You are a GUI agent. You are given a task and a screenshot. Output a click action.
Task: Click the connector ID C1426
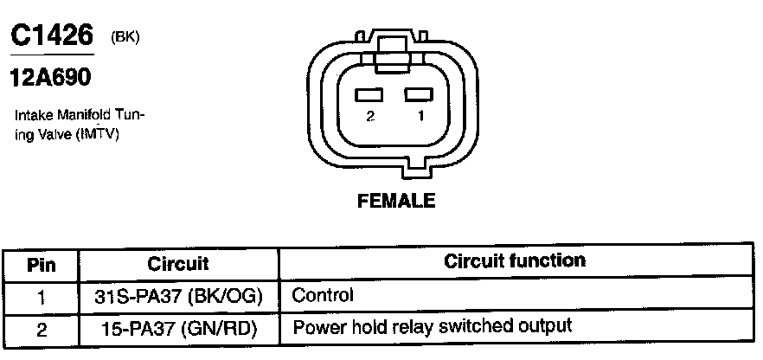(x=51, y=35)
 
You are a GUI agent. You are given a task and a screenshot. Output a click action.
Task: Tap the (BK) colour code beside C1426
(x=125, y=36)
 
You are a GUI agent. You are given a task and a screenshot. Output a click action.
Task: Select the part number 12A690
(x=50, y=77)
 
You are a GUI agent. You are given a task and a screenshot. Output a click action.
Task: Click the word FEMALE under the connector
(x=395, y=201)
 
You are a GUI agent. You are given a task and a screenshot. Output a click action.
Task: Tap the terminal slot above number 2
(x=370, y=94)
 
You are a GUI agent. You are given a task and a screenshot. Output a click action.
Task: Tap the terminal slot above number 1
(x=418, y=94)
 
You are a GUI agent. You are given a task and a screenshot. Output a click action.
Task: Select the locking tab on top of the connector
(x=394, y=41)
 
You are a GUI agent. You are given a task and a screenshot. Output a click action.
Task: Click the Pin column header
(x=41, y=263)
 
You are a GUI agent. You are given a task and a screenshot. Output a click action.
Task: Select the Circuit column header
(x=178, y=263)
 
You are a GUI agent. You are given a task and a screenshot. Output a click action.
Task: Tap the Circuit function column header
(x=514, y=260)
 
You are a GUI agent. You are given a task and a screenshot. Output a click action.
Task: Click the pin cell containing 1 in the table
(x=41, y=296)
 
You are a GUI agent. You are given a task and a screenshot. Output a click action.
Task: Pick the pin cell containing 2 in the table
(x=41, y=328)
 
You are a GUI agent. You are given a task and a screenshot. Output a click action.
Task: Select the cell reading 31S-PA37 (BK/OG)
(x=178, y=296)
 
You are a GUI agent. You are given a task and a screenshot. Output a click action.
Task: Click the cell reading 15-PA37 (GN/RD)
(x=178, y=328)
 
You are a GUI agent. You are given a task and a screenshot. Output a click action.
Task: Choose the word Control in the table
(x=323, y=295)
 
